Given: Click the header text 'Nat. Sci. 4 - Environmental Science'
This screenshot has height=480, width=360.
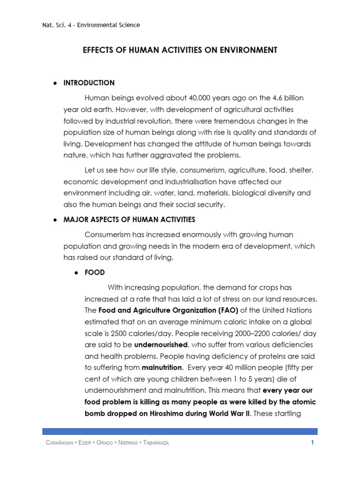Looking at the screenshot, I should (x=91, y=25).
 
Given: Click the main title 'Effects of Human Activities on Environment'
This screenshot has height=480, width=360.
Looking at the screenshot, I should (x=180, y=50).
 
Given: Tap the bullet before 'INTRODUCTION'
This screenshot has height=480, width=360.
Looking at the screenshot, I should (x=55, y=83).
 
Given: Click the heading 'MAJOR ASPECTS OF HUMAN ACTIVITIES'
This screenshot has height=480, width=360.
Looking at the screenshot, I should (x=129, y=219).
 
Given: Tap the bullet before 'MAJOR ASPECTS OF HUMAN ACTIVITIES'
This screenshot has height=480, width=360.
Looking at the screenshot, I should (x=55, y=219).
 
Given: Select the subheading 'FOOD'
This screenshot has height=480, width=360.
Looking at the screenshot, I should (x=95, y=272).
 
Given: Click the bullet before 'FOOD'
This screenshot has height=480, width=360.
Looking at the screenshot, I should (x=76, y=272).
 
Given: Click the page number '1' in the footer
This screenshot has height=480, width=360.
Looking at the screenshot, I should (x=312, y=443).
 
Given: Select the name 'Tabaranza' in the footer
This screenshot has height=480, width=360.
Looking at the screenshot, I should (x=152, y=443).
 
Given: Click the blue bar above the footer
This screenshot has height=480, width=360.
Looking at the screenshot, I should (x=180, y=431).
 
